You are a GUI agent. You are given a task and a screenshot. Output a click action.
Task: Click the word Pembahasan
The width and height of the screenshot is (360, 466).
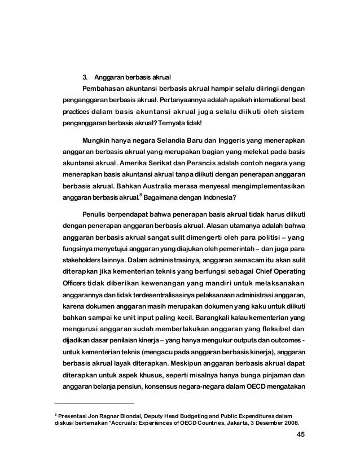103,89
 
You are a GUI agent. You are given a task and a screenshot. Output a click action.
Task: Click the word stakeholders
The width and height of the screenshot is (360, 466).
82,261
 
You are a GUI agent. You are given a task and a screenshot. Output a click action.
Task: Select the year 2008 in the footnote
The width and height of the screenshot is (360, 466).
288,424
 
